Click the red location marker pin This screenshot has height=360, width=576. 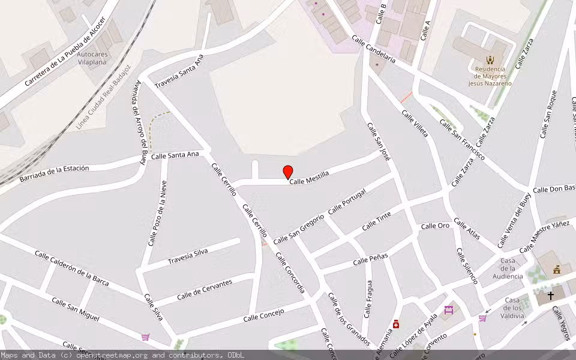point(288,172)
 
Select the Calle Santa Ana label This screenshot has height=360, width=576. point(175,155)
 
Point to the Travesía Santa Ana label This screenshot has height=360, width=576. point(179,71)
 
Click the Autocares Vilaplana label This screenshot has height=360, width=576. point(92,58)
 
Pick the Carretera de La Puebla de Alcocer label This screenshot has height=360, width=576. point(65,52)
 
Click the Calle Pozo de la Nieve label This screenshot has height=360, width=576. point(157,213)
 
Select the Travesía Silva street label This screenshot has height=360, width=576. point(188,256)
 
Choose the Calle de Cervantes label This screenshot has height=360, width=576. point(205,290)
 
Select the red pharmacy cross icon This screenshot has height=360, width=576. point(396,325)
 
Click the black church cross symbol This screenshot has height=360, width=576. point(550,295)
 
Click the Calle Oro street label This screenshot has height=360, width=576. point(435,226)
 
